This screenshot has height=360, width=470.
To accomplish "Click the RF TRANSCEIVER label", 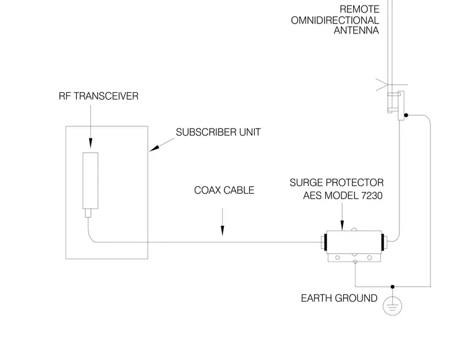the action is (x=98, y=96).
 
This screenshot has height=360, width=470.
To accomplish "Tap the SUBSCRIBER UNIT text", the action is (x=218, y=132).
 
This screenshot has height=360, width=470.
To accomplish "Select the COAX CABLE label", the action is (x=224, y=190).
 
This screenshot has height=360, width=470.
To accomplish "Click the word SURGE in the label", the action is (x=305, y=182).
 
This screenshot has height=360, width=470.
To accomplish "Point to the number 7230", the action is (x=372, y=195).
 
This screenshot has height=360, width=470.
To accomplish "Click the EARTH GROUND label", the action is (x=339, y=298).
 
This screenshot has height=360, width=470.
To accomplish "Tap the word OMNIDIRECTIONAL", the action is (x=335, y=20).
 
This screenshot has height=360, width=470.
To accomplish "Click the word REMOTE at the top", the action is (x=359, y=9).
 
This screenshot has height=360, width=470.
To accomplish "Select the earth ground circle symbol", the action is (x=392, y=306).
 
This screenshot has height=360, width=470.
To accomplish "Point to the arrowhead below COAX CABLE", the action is (x=223, y=231).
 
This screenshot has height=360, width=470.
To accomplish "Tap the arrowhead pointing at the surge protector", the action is (x=343, y=225).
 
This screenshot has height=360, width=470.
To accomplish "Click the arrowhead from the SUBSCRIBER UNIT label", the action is (x=154, y=148).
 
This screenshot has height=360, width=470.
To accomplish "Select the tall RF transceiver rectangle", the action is (x=90, y=181).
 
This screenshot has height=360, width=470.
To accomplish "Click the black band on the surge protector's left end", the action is (x=325, y=242).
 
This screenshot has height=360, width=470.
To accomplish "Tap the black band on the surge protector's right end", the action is (x=383, y=242).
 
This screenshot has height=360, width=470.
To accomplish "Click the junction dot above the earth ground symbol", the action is (x=393, y=287).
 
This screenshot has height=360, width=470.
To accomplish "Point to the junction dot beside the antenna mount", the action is (x=406, y=115).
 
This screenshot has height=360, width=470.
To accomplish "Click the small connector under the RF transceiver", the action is (x=88, y=213).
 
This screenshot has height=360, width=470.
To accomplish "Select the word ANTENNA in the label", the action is (x=356, y=30).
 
